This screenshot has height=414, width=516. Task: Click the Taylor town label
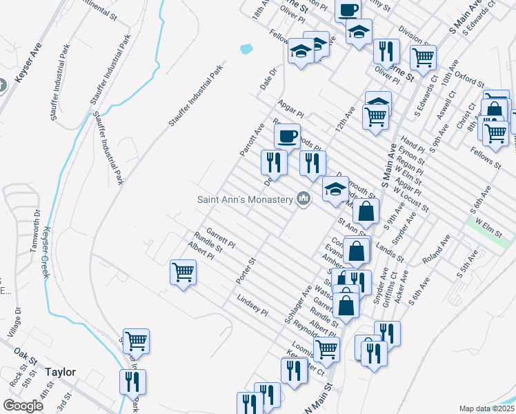[60, 372]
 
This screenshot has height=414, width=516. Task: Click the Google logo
[23, 406]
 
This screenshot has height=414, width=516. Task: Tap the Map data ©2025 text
[486, 408]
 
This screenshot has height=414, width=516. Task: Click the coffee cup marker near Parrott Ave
[287, 135]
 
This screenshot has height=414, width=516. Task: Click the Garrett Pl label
[220, 239]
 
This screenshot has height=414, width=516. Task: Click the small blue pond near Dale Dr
[245, 49]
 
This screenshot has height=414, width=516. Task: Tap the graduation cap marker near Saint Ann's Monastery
[335, 188]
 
